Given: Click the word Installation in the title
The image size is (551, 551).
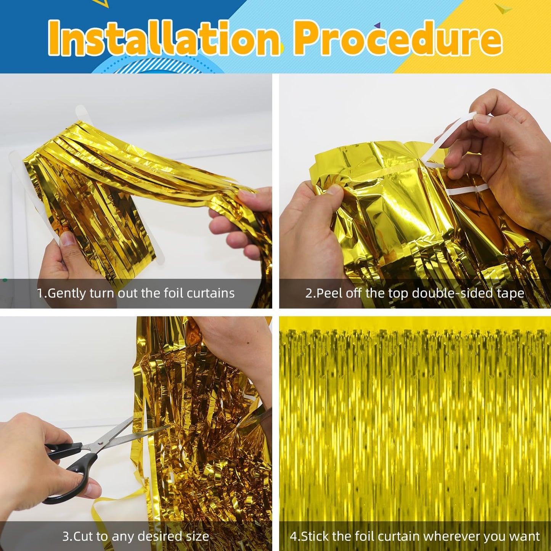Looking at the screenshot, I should coord(164,38).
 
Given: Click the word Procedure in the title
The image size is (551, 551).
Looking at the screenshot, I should coord(398,38).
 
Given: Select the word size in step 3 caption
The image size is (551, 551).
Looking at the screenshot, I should coord(197,536).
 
